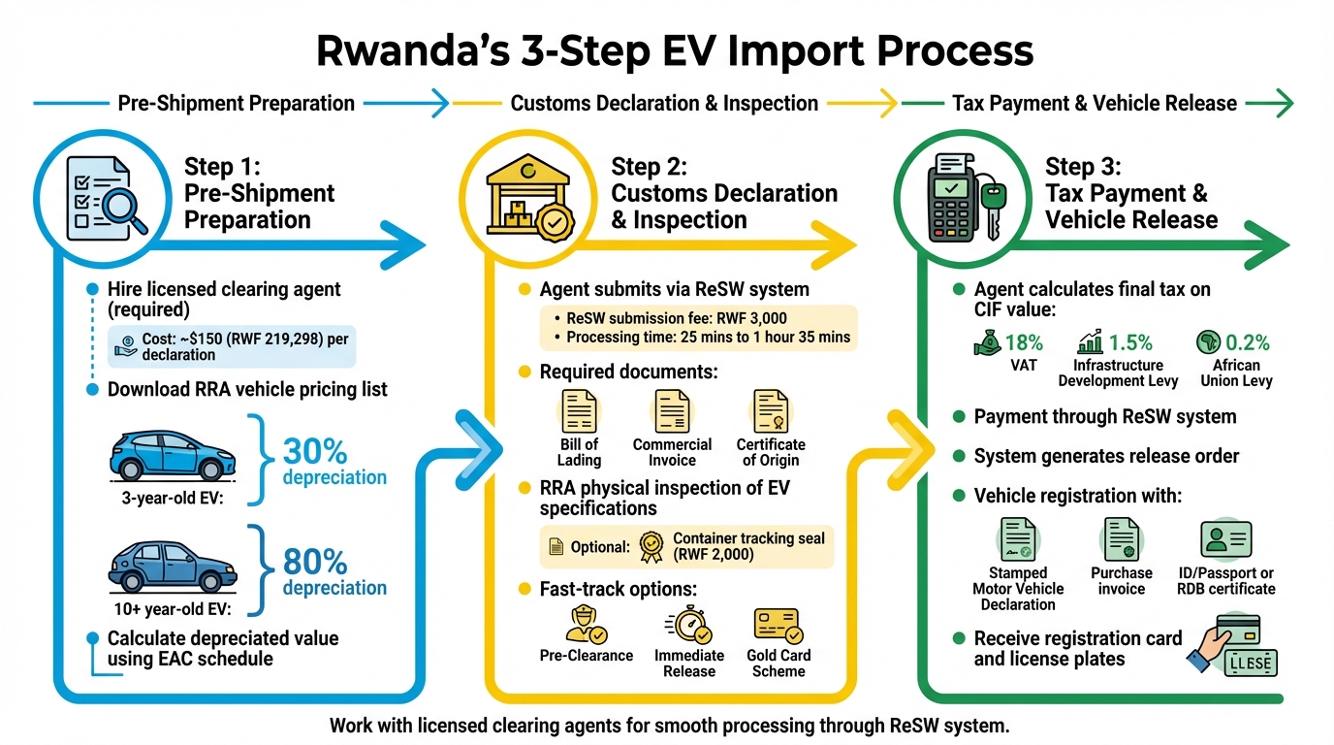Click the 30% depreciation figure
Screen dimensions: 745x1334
click(314, 451)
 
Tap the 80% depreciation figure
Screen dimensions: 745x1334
click(314, 562)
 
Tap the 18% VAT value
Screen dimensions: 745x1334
click(1023, 342)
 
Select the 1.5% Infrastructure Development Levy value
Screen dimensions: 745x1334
click(1129, 342)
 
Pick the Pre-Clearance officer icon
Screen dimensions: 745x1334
click(586, 626)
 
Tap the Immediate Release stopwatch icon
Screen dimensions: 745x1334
click(689, 626)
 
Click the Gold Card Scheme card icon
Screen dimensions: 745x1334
click(778, 626)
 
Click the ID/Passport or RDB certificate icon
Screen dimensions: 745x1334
click(1225, 539)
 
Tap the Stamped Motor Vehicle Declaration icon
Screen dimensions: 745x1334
click(1017, 539)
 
